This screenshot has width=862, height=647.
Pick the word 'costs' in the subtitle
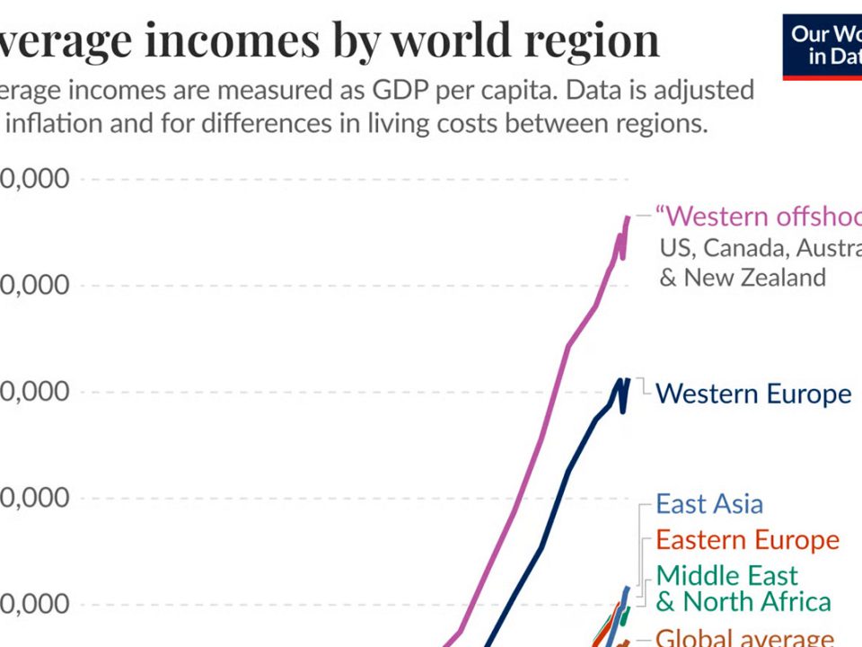(x=470, y=123)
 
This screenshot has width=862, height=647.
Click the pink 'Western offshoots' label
(x=759, y=217)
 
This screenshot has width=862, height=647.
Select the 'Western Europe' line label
(x=753, y=394)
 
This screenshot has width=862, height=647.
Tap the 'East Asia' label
(x=709, y=504)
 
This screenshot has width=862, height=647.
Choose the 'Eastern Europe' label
(x=747, y=540)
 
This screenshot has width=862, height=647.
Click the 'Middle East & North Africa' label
(x=743, y=588)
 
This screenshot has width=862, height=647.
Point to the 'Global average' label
(x=744, y=638)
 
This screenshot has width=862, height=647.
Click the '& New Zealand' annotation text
(x=743, y=277)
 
